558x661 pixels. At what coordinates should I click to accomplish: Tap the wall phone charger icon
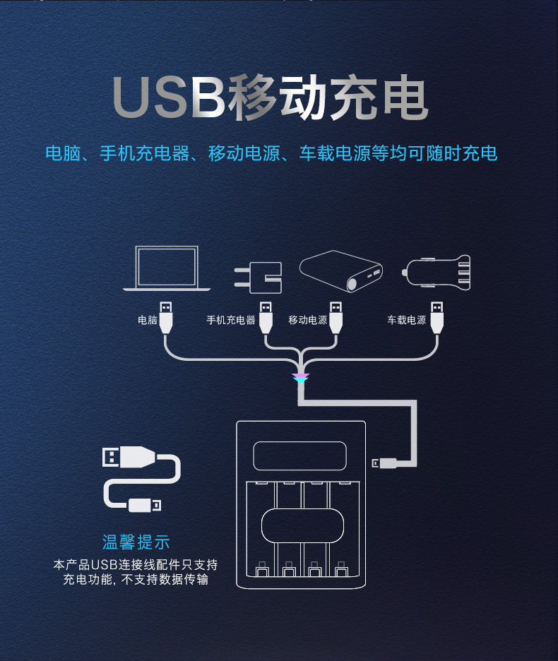click(x=260, y=278)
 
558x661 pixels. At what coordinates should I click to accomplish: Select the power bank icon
click(x=342, y=270)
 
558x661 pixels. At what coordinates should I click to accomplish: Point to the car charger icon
click(x=437, y=271)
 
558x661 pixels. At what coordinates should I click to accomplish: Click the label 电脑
click(x=148, y=320)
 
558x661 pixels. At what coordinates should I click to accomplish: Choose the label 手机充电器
click(x=230, y=320)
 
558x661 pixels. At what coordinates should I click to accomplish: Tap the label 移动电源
click(x=308, y=320)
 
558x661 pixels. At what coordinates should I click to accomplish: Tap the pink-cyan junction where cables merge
click(x=301, y=379)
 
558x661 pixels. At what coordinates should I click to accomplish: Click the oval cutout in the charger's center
click(x=302, y=525)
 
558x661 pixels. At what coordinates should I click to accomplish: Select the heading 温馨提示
click(x=136, y=542)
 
